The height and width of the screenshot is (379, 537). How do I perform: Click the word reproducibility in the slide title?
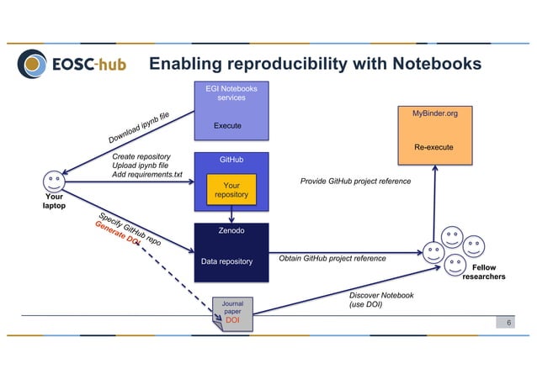tap(287, 64)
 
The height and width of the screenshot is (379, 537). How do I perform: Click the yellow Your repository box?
tap(231, 189)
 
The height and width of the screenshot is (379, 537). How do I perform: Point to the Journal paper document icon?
tap(232, 312)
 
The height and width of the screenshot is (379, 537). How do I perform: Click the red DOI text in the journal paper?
tap(233, 320)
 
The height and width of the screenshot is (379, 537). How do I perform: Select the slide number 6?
tap(508, 322)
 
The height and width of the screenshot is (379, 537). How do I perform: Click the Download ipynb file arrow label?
tap(139, 127)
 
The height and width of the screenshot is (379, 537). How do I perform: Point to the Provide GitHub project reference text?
tap(355, 182)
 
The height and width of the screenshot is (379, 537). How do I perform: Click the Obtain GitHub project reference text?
tap(332, 259)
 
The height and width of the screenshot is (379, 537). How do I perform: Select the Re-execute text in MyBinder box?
tap(434, 148)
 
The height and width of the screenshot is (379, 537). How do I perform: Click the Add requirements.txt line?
tap(146, 174)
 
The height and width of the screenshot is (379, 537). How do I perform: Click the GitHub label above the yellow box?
tap(231, 159)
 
